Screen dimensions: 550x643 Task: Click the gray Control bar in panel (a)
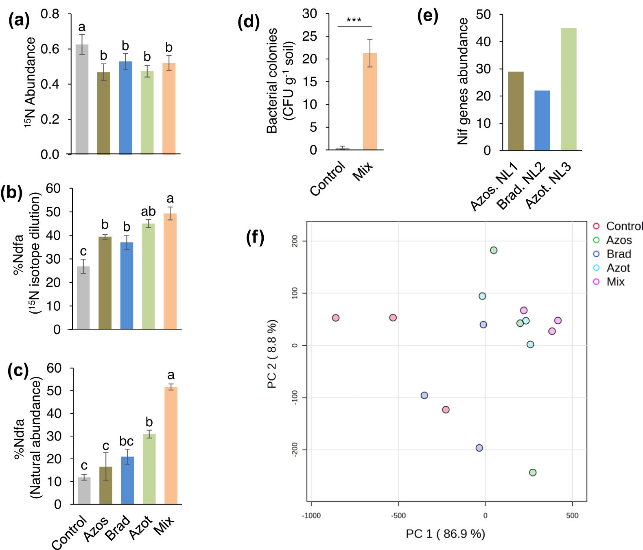82,99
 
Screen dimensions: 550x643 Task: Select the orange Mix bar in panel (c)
171,445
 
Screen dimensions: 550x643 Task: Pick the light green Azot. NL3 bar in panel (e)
569,89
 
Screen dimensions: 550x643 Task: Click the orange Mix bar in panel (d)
370,101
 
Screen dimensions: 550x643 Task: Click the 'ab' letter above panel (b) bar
148,212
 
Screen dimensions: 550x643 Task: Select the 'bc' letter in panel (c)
127,441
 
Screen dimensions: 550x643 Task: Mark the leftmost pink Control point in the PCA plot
335,318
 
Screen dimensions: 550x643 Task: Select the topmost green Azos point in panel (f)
494,250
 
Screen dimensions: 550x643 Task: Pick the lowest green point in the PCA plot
533,472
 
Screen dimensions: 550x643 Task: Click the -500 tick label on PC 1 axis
398,515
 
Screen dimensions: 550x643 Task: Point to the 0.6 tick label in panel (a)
50,49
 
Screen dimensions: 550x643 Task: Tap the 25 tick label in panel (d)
309,37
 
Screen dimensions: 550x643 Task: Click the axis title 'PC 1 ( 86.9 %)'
445,534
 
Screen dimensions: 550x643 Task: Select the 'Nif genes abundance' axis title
463,81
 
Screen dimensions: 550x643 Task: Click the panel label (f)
255,237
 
